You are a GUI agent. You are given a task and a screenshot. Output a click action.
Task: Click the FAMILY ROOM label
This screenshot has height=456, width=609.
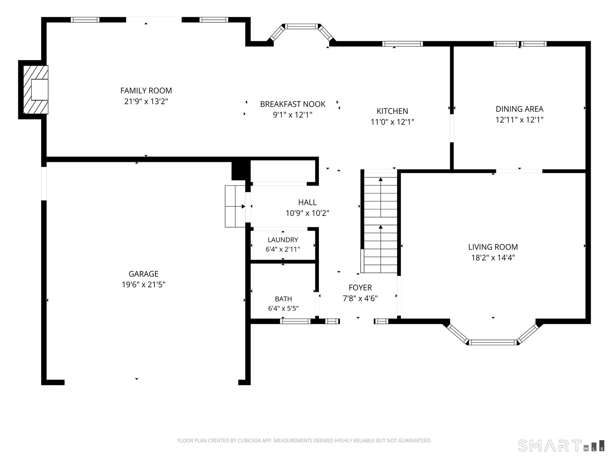[x=146, y=90]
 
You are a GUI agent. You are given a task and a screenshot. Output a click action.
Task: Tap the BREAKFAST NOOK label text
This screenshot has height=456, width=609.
[x=292, y=104]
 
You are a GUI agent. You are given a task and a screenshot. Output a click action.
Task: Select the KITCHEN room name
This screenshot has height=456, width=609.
[x=392, y=111]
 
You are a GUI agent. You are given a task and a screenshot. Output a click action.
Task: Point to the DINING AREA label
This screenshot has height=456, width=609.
[x=520, y=109]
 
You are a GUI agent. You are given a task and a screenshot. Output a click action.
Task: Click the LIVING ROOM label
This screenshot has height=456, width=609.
[x=493, y=247]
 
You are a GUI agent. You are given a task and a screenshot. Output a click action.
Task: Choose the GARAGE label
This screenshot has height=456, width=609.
[x=143, y=274]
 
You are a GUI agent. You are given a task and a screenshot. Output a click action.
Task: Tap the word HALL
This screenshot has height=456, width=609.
[x=307, y=202]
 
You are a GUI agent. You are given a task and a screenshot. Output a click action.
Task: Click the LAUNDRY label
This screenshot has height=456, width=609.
[x=283, y=239]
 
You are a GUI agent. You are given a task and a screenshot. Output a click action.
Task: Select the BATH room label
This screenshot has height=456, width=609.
[x=283, y=299]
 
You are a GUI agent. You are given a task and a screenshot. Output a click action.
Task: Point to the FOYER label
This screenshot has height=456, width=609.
[x=360, y=287]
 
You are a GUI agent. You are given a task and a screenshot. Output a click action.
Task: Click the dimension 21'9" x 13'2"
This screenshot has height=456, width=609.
[x=146, y=101]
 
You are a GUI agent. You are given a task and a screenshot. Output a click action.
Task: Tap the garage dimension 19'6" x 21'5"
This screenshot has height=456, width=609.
[x=143, y=284]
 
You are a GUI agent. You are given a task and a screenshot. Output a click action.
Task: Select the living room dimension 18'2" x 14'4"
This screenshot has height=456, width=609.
[x=493, y=258]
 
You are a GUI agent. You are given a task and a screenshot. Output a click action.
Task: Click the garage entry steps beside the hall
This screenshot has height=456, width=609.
[x=235, y=206]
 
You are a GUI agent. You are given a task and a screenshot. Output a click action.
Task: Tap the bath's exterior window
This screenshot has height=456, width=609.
[x=295, y=321]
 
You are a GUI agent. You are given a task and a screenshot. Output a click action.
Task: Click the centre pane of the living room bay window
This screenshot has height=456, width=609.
[x=493, y=342]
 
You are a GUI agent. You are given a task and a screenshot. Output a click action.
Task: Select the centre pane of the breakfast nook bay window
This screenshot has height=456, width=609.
[x=301, y=26]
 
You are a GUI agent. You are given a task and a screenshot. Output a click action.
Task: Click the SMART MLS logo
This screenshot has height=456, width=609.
[x=561, y=445]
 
